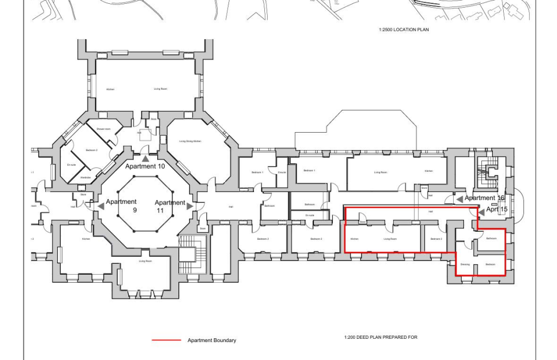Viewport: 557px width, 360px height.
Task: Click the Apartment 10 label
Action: (x=145, y=166)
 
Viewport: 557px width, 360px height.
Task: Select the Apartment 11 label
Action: (x=170, y=206)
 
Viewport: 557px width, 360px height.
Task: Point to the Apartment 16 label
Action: (x=484, y=198)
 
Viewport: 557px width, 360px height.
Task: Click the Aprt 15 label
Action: (x=497, y=209)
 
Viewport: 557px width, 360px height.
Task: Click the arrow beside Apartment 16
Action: (x=460, y=199)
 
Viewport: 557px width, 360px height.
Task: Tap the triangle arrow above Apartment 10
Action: (x=145, y=159)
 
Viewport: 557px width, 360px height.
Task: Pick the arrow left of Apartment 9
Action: (x=101, y=206)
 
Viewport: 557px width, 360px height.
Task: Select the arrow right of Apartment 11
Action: (x=190, y=206)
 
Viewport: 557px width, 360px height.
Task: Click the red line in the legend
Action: (x=166, y=340)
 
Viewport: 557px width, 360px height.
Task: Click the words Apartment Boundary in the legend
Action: (x=212, y=340)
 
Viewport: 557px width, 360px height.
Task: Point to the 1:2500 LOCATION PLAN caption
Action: (x=404, y=29)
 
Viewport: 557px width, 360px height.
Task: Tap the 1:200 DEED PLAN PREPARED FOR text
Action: (x=381, y=337)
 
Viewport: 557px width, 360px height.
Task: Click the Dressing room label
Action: (x=465, y=264)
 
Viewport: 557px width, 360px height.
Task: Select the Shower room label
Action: (x=103, y=129)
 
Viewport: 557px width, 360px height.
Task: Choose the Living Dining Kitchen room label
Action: (x=190, y=141)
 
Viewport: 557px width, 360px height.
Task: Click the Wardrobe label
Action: (x=85, y=177)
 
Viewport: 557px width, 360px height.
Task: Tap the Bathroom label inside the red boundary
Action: (x=491, y=238)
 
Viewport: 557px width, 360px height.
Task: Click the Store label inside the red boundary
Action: (x=362, y=221)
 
